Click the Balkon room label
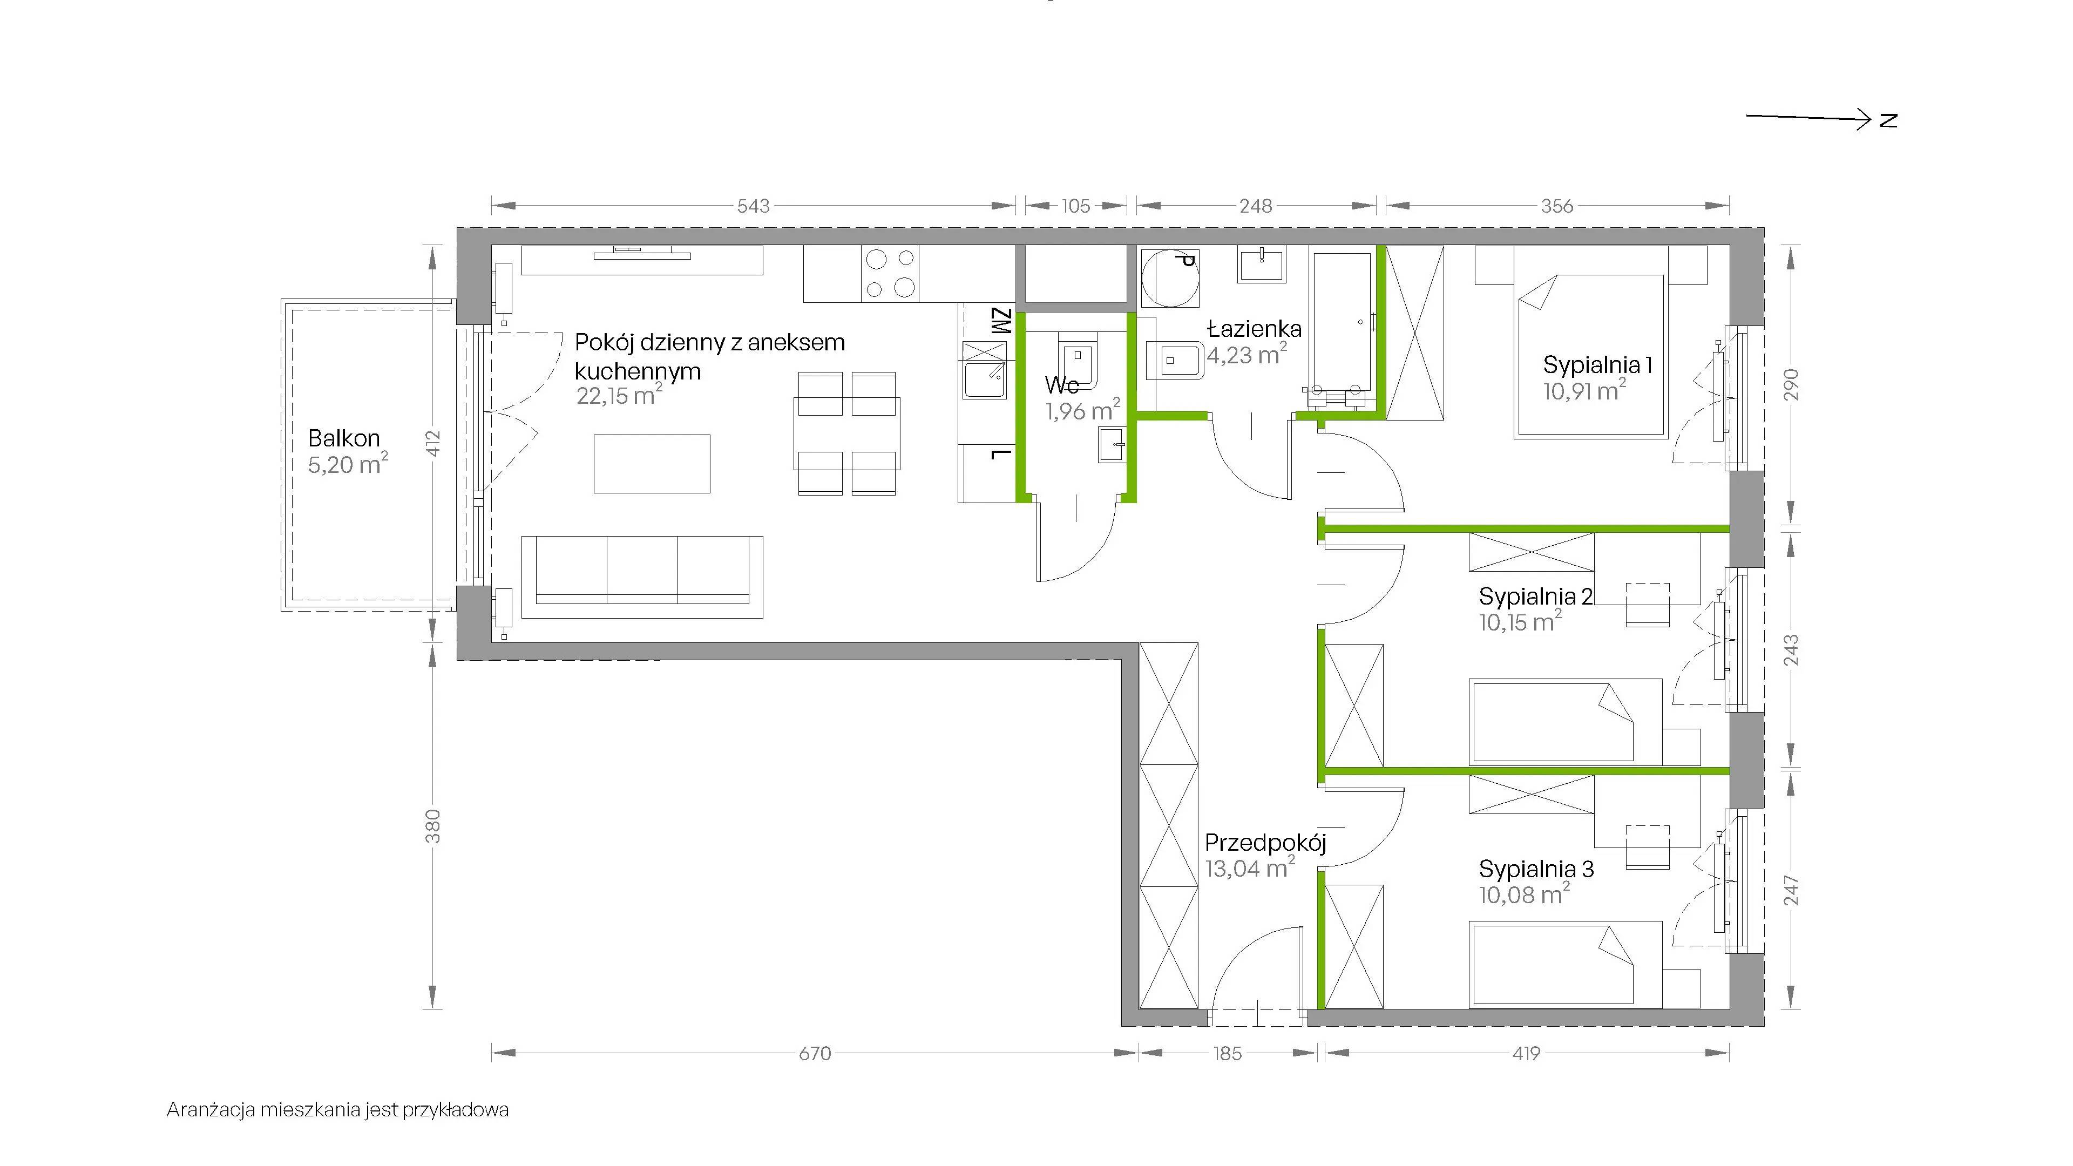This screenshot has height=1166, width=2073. (x=344, y=438)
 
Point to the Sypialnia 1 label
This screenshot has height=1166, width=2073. (x=1597, y=365)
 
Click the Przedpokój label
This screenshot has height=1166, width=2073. (x=1265, y=843)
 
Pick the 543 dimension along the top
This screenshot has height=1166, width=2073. (x=753, y=206)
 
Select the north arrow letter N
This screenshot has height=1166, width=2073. (x=1889, y=120)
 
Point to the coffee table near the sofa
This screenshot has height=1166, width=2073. (x=652, y=464)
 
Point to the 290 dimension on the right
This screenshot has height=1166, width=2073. (x=1791, y=385)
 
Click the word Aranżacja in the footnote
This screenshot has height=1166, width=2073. (x=212, y=1110)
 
